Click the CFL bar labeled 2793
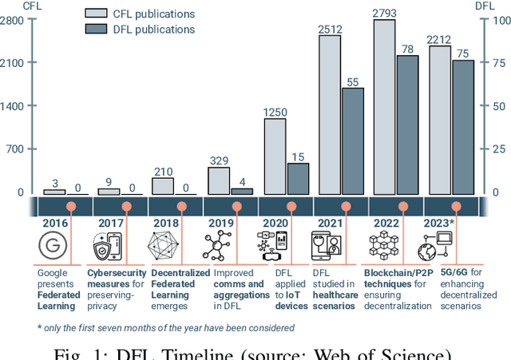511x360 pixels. tap(385, 107)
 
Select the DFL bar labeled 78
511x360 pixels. tap(407, 125)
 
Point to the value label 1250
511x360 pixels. tap(275, 112)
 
